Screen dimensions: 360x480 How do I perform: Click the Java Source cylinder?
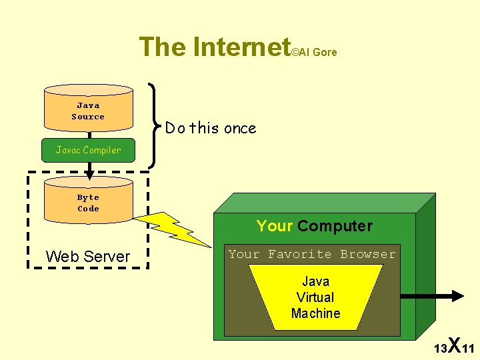tap(88, 111)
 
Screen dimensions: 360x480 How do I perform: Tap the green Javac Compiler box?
tap(88, 150)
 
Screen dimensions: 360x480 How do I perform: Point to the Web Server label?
tap(87, 257)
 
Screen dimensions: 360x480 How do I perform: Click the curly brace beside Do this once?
tap(154, 125)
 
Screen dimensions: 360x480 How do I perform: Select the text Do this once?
tap(211, 128)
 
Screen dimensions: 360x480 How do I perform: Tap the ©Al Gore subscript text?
tap(315, 52)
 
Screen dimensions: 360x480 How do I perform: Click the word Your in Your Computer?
tap(275, 226)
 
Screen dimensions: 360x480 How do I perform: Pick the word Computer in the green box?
tap(335, 226)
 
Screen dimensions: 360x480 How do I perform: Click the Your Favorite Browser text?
tap(312, 254)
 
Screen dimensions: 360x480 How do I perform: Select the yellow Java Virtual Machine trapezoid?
tap(315, 297)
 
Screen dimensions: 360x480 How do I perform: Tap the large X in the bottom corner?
tap(454, 345)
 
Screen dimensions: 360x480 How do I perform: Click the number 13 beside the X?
tap(440, 349)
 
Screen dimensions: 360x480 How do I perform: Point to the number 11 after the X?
tap(468, 349)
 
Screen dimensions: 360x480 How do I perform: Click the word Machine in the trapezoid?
tap(315, 313)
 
